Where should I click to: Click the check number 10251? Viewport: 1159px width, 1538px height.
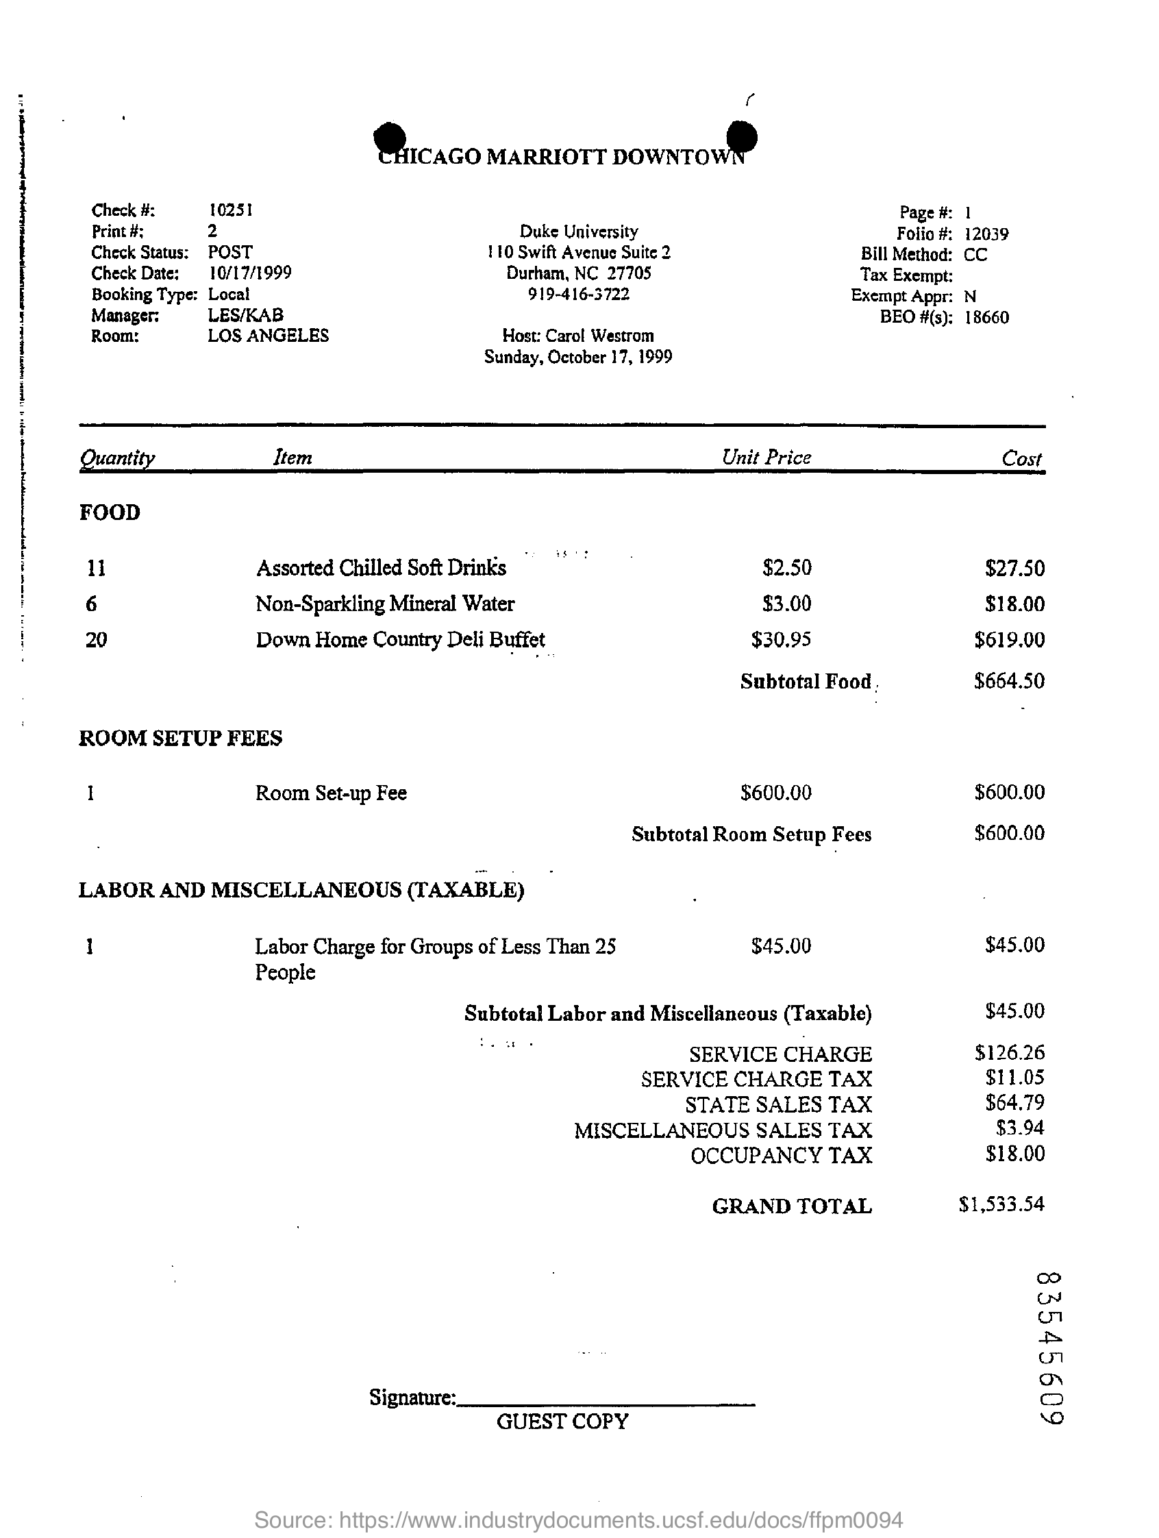click(230, 209)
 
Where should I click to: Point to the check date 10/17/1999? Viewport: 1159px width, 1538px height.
click(249, 273)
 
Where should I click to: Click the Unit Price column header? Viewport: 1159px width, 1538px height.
click(767, 458)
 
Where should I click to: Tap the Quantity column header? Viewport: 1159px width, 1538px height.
click(117, 458)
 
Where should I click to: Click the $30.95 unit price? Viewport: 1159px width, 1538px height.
click(781, 639)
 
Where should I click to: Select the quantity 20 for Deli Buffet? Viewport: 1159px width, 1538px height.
click(96, 639)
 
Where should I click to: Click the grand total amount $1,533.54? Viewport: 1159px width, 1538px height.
click(1001, 1204)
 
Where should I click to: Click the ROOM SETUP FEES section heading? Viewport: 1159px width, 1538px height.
click(180, 738)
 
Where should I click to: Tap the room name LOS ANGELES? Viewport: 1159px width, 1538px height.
click(268, 336)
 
